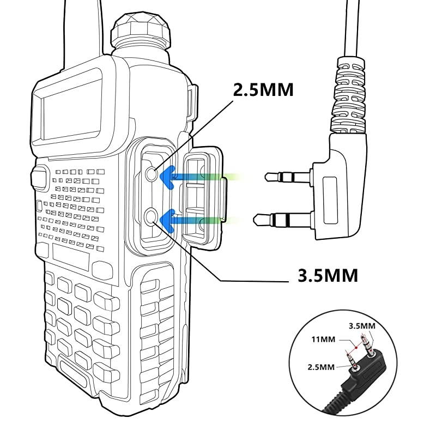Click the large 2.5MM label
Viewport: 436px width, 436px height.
tap(263, 89)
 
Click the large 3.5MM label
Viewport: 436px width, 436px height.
tap(328, 275)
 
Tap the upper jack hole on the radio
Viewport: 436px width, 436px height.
tap(153, 174)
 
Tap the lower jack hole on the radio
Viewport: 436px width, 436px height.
tap(152, 217)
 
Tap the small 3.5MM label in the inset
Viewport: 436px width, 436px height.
tap(362, 326)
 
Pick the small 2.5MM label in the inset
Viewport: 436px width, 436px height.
tap(319, 367)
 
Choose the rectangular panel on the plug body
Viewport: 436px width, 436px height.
tap(332, 199)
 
